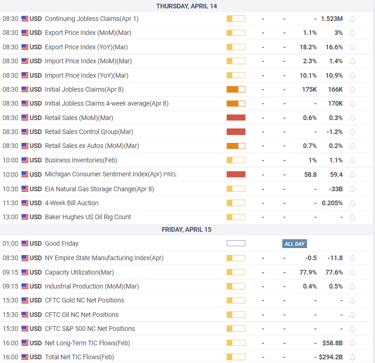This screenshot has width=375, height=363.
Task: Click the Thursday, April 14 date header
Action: coord(186,6)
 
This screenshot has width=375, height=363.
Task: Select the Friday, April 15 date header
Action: coord(186,229)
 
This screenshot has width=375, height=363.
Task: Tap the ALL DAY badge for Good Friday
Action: coord(294,244)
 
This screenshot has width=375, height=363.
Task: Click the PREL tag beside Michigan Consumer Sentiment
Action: coord(170,175)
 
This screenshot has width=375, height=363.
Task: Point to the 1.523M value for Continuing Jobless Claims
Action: coord(332,19)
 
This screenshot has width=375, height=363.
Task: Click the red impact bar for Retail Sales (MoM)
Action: coord(236,118)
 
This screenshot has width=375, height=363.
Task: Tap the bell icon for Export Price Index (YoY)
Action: coord(353,47)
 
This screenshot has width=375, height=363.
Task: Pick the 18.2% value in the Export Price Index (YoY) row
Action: coord(308,47)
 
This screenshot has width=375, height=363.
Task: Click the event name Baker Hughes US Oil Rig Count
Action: coord(88,217)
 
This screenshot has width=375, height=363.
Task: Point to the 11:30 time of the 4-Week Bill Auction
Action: coord(10,203)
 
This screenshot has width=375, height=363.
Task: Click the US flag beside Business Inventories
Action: coord(25,160)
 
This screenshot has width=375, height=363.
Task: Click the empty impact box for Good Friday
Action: coord(236,243)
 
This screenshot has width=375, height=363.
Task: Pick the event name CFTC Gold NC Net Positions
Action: coord(84,300)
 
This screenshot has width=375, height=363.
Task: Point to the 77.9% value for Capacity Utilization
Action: coord(308,272)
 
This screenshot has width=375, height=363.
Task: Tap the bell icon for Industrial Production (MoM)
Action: coord(353,286)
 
